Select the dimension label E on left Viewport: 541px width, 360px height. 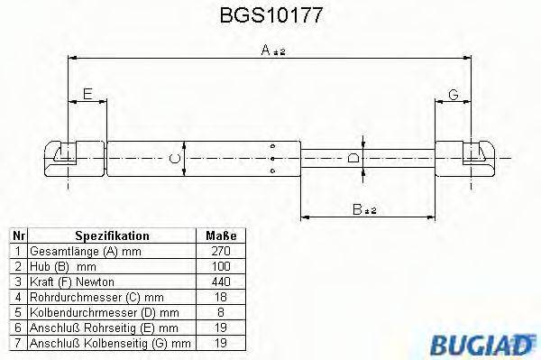(x=87, y=94)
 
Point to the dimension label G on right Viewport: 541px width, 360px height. (x=453, y=94)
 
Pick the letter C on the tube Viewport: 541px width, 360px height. (x=177, y=160)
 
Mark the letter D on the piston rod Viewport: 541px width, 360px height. (x=353, y=159)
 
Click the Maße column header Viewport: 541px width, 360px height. (x=219, y=235)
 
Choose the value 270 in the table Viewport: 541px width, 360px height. (x=220, y=250)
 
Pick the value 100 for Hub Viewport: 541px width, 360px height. (x=220, y=265)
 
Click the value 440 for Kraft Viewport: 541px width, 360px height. (x=220, y=281)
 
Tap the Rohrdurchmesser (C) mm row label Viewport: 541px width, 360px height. (x=96, y=297)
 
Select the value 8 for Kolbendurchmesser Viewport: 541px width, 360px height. (x=220, y=312)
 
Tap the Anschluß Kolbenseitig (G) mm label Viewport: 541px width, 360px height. (x=110, y=343)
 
